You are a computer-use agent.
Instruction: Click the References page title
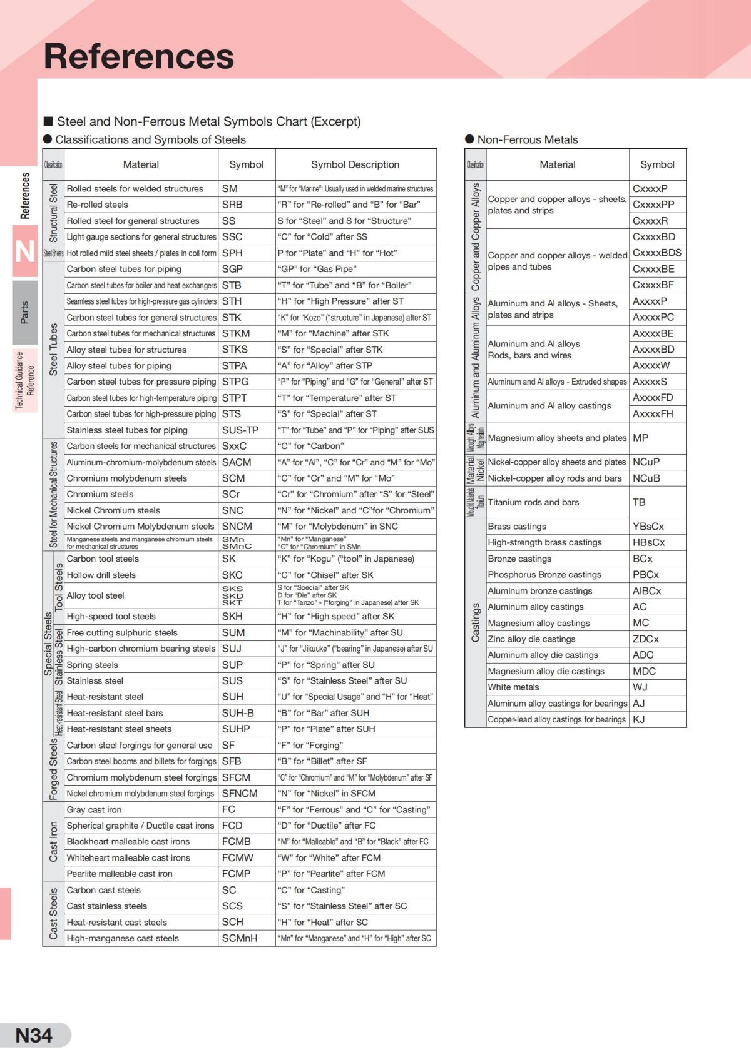[139, 56]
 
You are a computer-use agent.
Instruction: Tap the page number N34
[34, 1035]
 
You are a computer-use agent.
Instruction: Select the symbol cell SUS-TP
[240, 430]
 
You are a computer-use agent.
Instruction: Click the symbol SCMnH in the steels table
[240, 938]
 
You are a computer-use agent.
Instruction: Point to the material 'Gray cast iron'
[95, 809]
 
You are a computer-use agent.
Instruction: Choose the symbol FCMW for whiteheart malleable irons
[238, 857]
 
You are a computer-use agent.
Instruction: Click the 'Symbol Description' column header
[355, 164]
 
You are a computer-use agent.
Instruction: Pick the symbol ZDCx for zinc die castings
[646, 639]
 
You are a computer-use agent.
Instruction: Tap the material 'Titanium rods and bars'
[533, 502]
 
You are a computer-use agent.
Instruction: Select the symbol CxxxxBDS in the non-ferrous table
[657, 253]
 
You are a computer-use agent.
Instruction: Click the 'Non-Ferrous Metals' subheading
[527, 139]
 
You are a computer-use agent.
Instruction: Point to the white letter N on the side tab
[24, 252]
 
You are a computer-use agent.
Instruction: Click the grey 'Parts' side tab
[24, 312]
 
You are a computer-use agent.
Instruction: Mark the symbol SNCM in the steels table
[237, 527]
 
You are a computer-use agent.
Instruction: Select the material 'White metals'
[513, 687]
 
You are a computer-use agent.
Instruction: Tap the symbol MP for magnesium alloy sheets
[640, 438]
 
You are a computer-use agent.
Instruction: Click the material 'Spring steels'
[92, 665]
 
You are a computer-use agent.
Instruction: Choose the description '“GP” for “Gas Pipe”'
[317, 269]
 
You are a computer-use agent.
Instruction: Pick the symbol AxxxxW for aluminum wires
[651, 365]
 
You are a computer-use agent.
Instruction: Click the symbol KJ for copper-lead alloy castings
[639, 719]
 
